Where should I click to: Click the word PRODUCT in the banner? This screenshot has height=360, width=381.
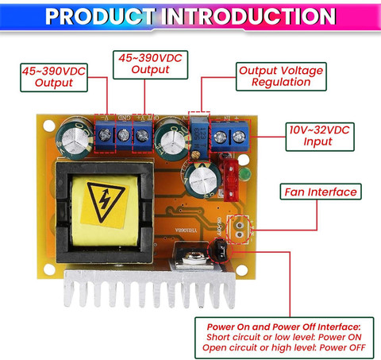[x=100, y=17]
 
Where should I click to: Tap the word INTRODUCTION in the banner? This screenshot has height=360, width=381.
[x=248, y=17]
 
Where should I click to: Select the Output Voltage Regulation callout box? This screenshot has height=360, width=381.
[x=281, y=76]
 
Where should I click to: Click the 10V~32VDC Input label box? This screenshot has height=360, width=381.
[x=320, y=137]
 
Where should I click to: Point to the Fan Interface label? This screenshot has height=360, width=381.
[x=321, y=192]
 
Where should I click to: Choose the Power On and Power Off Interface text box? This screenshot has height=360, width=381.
[x=284, y=338]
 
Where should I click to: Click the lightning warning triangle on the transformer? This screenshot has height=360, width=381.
[x=106, y=202]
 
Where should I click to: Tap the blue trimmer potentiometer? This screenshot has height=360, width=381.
[x=199, y=137]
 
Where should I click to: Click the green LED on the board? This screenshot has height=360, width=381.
[x=245, y=174]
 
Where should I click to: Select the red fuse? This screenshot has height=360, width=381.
[x=231, y=180]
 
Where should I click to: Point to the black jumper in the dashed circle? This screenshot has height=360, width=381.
[x=220, y=250]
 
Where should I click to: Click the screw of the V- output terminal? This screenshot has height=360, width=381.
[x=105, y=134]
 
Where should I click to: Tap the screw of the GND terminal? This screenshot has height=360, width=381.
[x=124, y=135]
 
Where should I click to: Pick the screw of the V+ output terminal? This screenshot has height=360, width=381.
[x=142, y=135]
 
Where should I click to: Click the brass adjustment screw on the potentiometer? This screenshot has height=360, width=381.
[x=196, y=154]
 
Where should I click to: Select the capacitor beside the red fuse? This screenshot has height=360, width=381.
[x=203, y=180]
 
